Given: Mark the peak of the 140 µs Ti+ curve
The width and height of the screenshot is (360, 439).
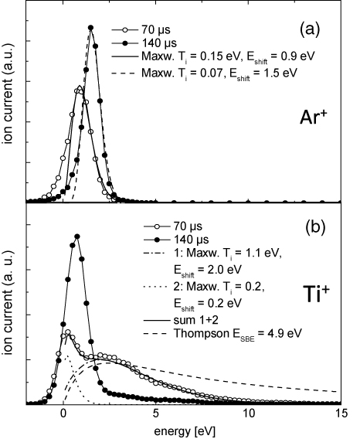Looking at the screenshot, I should point(76,237).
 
